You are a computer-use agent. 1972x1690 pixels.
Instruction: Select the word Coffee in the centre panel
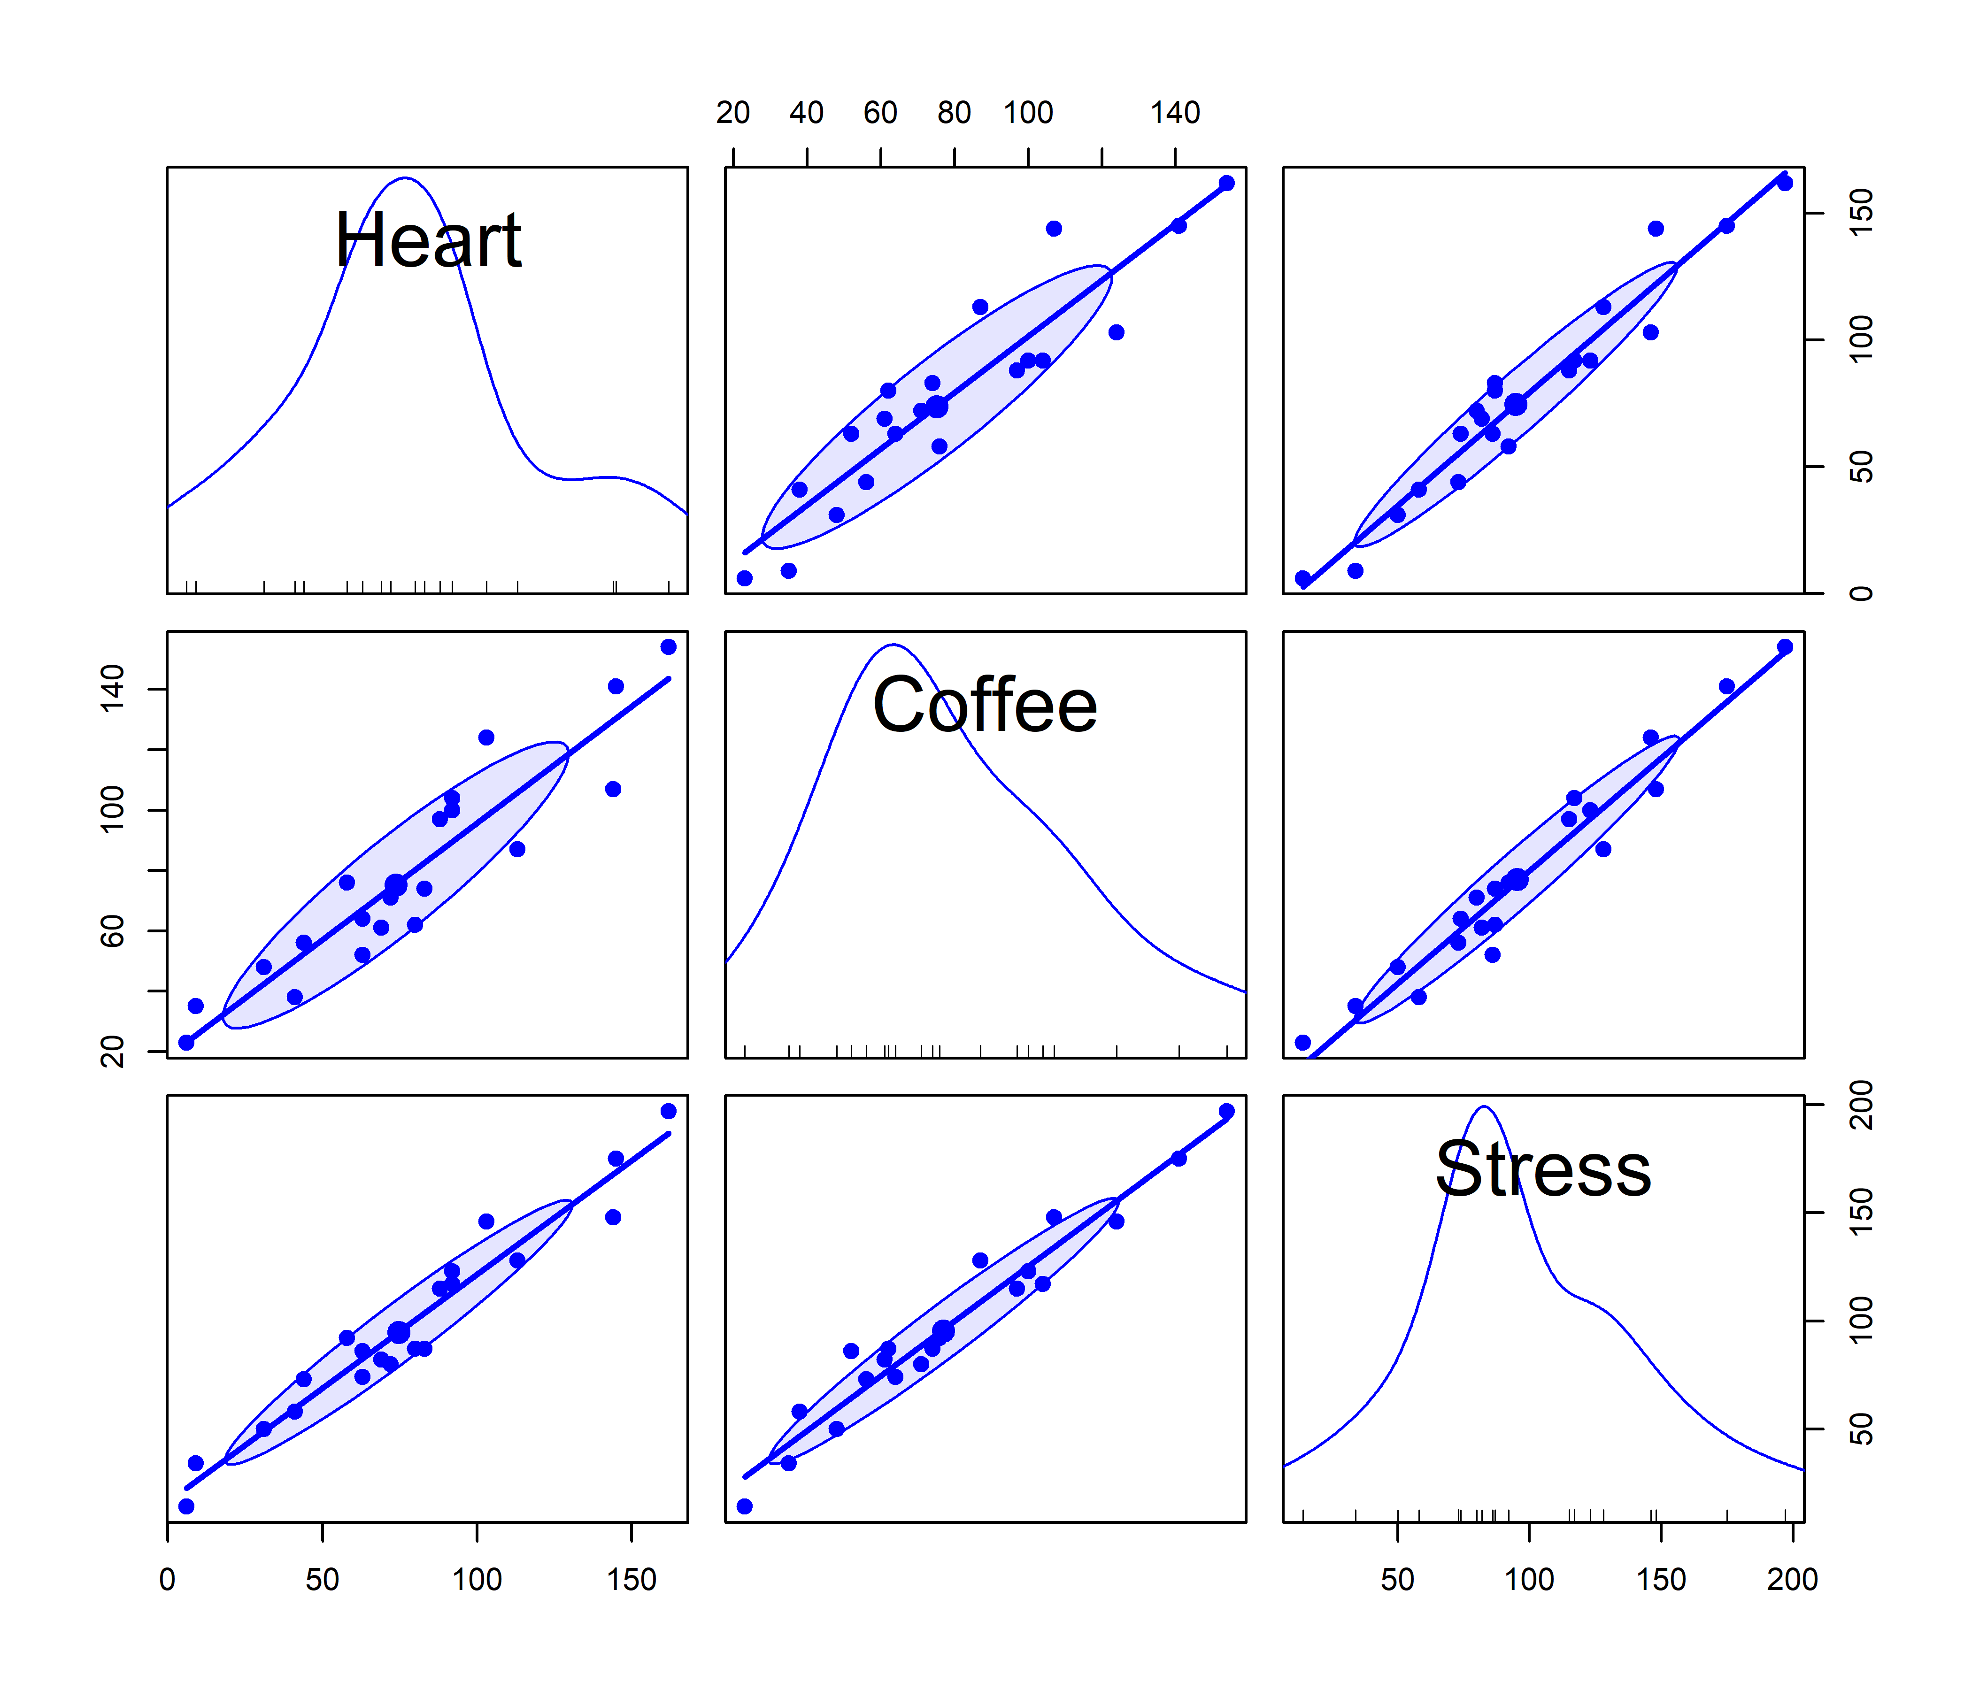pos(985,705)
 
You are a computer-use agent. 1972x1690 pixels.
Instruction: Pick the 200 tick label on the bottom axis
pos(1792,1580)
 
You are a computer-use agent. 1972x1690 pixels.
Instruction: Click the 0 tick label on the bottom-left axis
pos(168,1580)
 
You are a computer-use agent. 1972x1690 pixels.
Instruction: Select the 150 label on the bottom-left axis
pos(632,1580)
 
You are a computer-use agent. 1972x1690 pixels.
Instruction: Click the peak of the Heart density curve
pos(404,178)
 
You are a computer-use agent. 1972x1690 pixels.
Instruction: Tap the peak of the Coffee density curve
pos(893,645)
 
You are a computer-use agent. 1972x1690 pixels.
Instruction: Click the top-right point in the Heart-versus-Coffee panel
pos(1227,183)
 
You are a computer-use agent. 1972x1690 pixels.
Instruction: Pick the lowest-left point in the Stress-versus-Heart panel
pos(186,1506)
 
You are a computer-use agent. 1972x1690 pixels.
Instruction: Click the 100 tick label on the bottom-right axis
pos(1529,1580)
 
